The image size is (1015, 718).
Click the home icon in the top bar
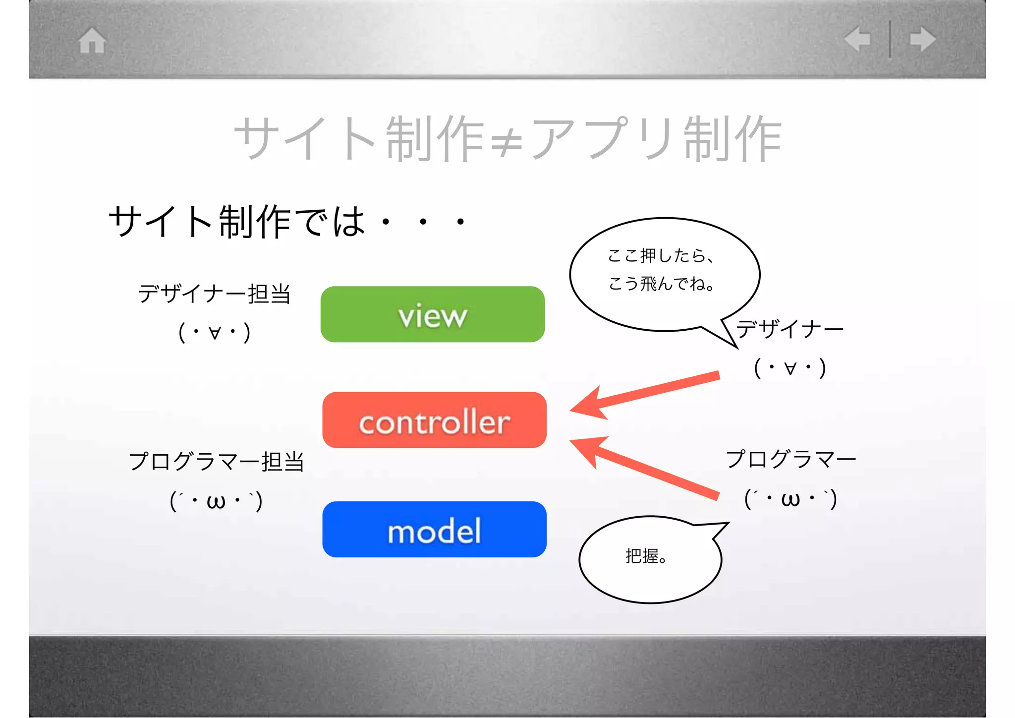92,40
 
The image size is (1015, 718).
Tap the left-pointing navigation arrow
857,39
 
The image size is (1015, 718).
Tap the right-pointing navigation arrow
923,39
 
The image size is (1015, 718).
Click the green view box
432,314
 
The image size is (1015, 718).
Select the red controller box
434,420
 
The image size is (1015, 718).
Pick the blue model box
434,530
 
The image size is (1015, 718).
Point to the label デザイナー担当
214,294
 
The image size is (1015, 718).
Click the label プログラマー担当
216,461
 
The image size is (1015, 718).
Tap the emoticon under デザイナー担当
214,332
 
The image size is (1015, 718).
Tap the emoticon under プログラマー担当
216,501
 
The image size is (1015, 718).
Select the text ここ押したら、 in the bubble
660,256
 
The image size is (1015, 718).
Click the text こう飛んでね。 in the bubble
661,284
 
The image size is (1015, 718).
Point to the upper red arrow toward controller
644,394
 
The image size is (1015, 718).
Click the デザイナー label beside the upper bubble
790,329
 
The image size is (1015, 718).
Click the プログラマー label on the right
791,459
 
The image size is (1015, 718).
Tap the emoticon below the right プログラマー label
791,499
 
